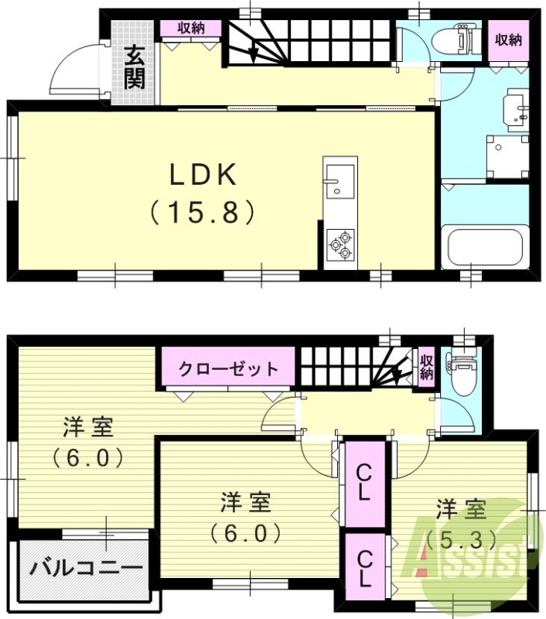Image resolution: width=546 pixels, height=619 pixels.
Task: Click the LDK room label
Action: (x=203, y=176)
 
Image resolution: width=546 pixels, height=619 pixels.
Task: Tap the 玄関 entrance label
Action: (x=135, y=67)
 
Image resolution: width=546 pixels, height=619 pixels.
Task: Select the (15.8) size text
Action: (x=203, y=212)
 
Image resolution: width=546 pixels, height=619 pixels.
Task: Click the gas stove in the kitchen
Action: (x=340, y=245)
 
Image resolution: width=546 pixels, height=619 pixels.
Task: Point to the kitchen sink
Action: (x=339, y=180)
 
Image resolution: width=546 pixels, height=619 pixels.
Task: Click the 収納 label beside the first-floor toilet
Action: (x=507, y=39)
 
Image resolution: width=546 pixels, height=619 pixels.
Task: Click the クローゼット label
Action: (x=228, y=368)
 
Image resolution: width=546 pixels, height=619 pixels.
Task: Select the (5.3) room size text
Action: (x=461, y=539)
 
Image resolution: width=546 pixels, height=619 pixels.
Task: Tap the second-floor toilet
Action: (x=463, y=374)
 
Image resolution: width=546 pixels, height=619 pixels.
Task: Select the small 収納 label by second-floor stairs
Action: (x=426, y=366)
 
